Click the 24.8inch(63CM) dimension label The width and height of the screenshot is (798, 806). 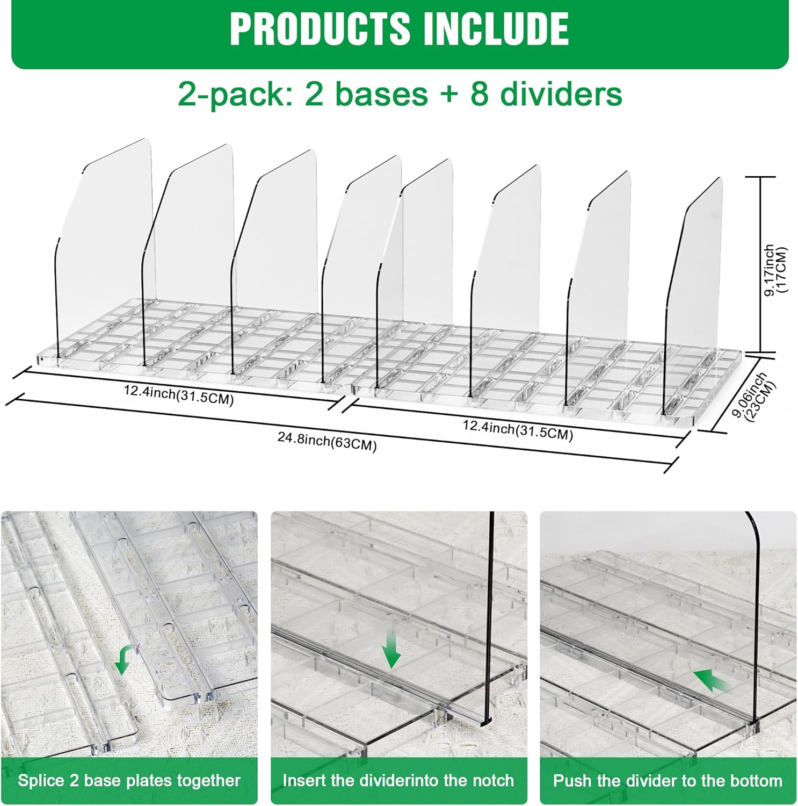pyautogui.click(x=327, y=441)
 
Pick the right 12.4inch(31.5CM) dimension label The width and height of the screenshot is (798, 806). pyautogui.click(x=518, y=430)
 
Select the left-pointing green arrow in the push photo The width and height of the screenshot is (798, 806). pyautogui.click(x=711, y=680)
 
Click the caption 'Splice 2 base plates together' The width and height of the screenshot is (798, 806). pyautogui.click(x=129, y=780)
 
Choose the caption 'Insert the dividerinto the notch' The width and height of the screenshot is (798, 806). pyautogui.click(x=398, y=780)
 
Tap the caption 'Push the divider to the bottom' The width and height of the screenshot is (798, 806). pyautogui.click(x=668, y=780)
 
